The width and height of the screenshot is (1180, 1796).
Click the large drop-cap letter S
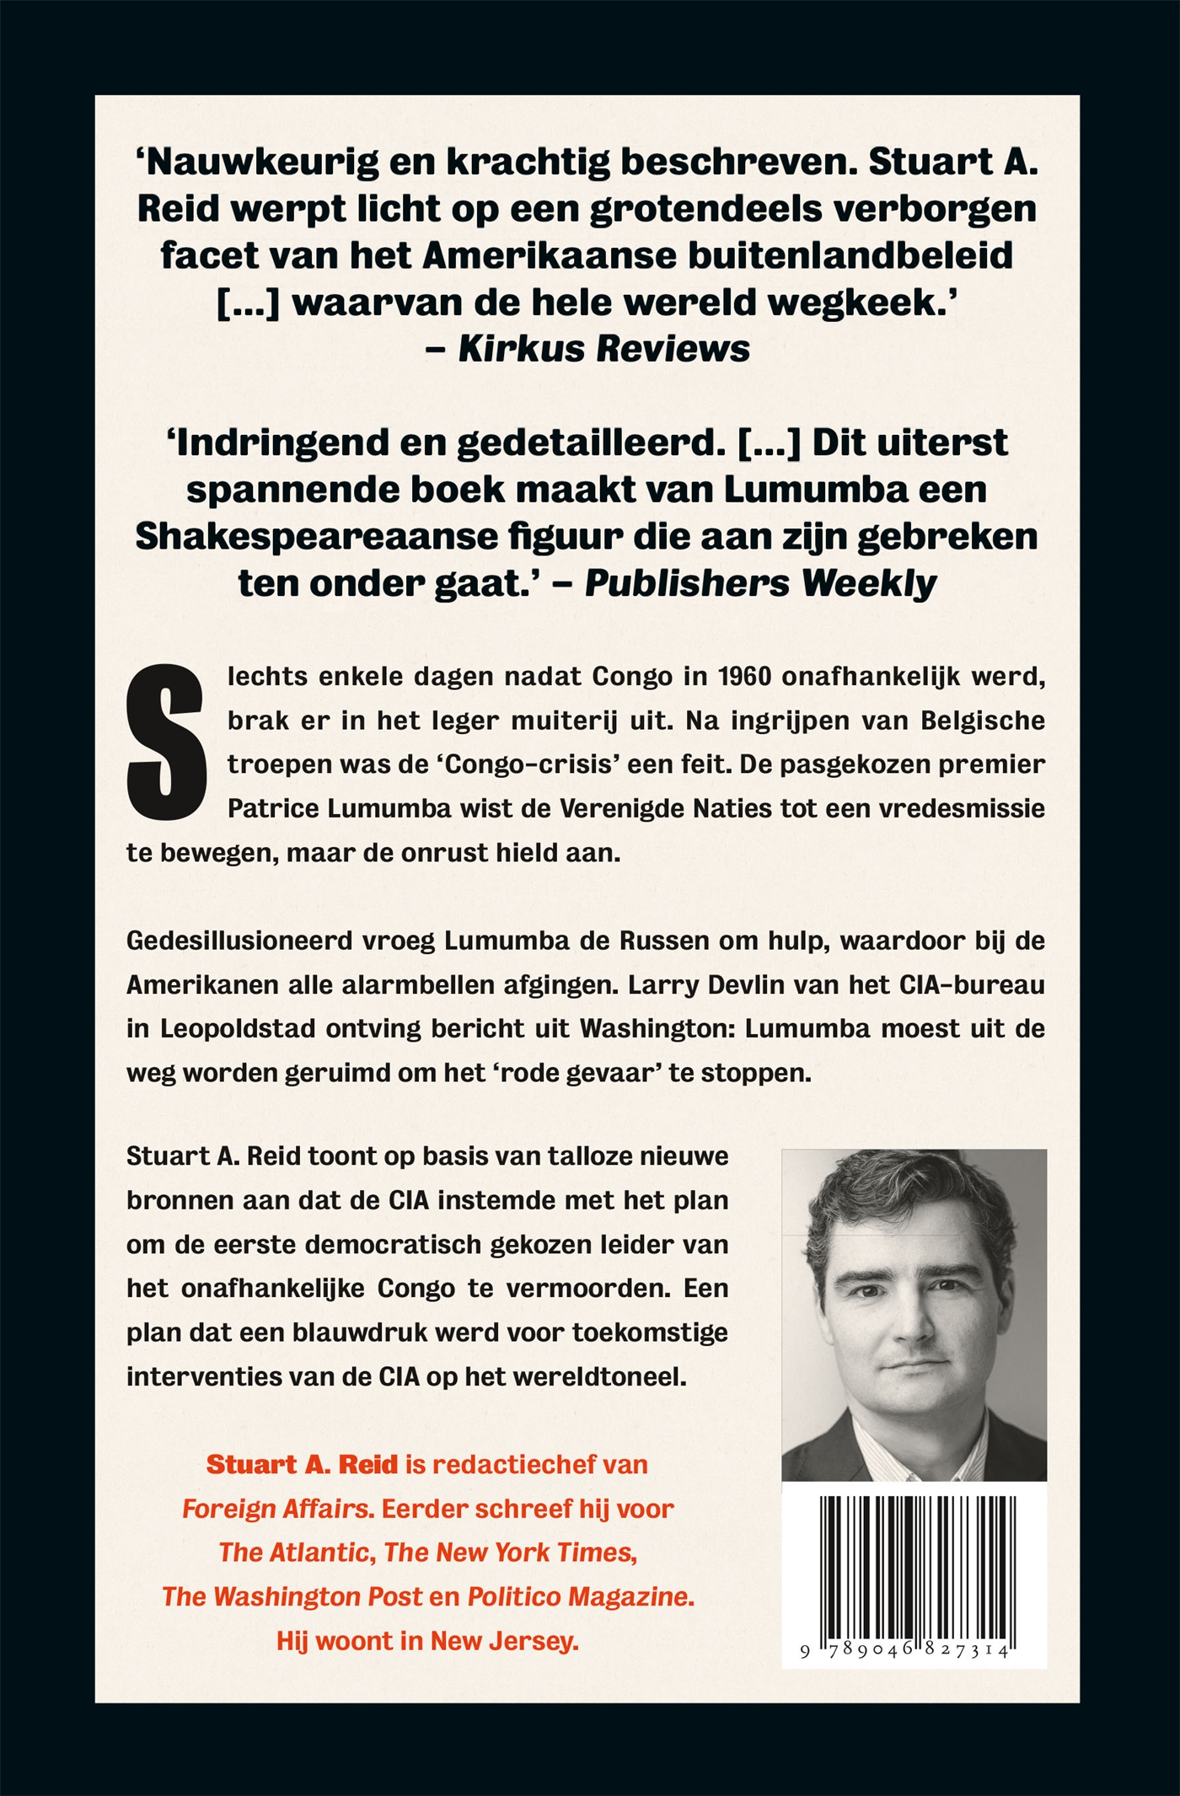click(166, 742)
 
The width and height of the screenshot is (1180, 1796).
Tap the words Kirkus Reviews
click(603, 349)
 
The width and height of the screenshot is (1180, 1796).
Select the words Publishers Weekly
click(760, 583)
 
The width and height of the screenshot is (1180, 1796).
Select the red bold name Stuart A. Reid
click(302, 1465)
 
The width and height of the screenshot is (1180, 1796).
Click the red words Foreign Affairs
click(277, 1509)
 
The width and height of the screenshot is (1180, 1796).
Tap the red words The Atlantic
click(296, 1552)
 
